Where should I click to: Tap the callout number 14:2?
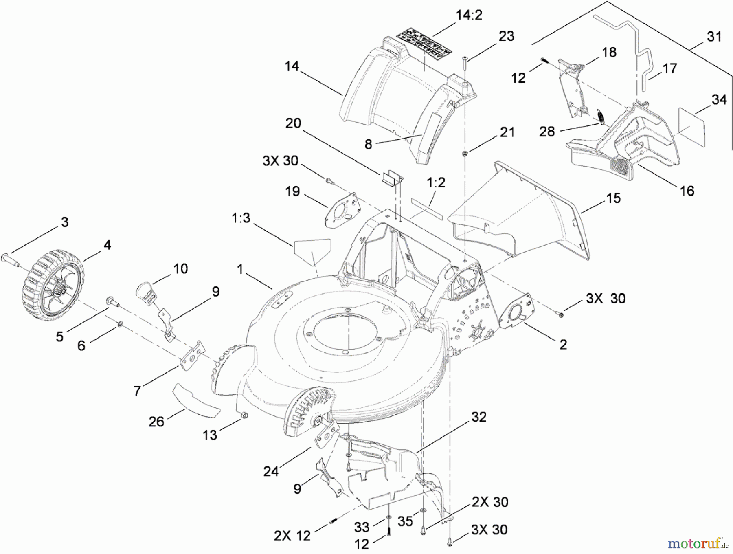469,15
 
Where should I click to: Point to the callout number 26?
156,421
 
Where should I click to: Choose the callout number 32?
479,417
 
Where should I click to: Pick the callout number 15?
614,198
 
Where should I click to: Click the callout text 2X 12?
292,536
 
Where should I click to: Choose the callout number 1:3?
241,219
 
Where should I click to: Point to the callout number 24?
271,471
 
